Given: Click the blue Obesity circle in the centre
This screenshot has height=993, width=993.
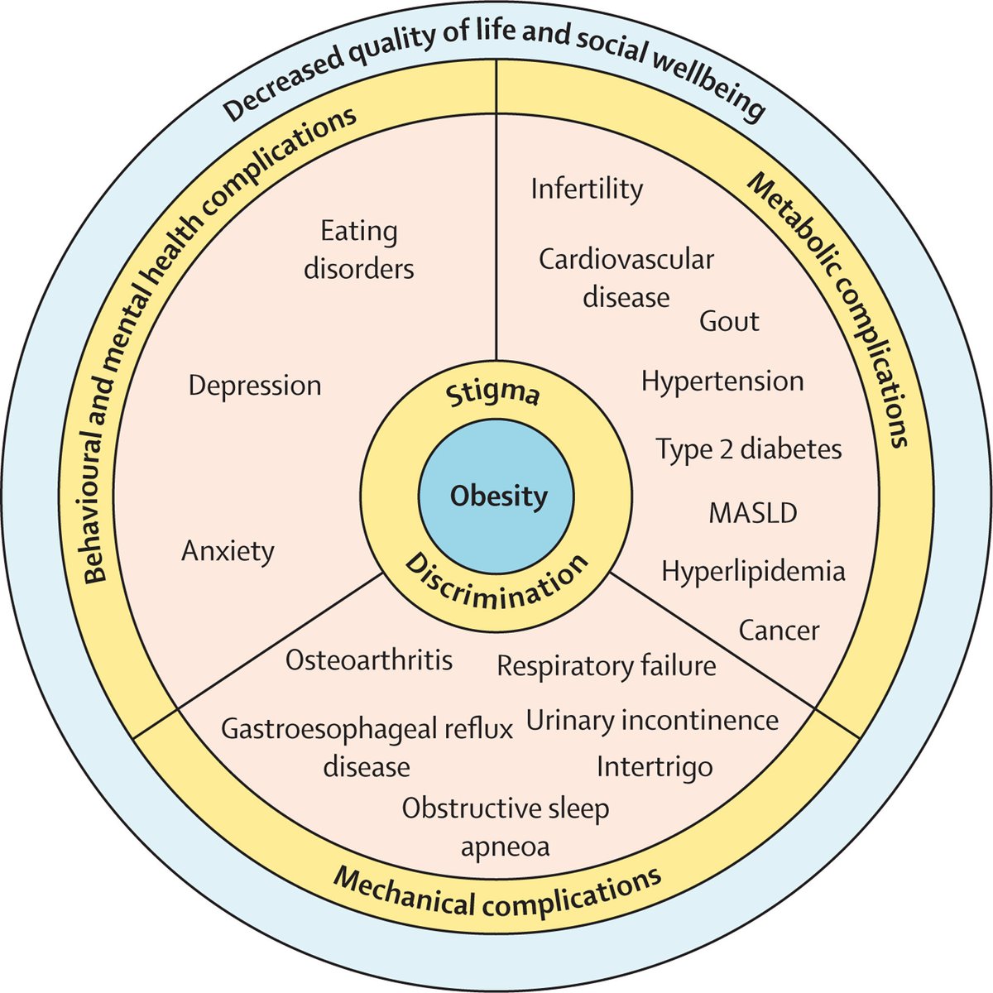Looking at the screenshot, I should pyautogui.click(x=498, y=497).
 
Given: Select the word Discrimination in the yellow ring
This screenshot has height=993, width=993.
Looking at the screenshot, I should pyautogui.click(x=497, y=583).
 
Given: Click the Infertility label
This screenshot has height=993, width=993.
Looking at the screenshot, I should pyautogui.click(x=587, y=189).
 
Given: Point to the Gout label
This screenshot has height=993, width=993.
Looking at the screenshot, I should pyautogui.click(x=729, y=321).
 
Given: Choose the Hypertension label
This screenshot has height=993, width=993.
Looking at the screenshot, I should pyautogui.click(x=722, y=381).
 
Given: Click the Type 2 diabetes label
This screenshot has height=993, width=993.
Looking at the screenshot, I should pyautogui.click(x=749, y=449).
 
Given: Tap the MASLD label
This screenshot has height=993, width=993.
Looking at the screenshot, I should pyautogui.click(x=753, y=513).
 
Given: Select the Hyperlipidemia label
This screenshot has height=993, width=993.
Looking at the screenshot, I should pyautogui.click(x=753, y=571).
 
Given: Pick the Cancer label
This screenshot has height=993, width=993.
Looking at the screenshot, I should pyautogui.click(x=779, y=631).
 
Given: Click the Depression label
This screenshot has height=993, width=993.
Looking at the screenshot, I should pyautogui.click(x=255, y=386).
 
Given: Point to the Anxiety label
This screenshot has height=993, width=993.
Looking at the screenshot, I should pyautogui.click(x=228, y=551).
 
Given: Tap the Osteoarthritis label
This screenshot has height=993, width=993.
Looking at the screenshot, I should pyautogui.click(x=369, y=660).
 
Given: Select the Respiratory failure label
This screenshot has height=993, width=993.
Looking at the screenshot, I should pyautogui.click(x=607, y=665).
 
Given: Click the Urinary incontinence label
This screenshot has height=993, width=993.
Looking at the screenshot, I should pyautogui.click(x=652, y=720).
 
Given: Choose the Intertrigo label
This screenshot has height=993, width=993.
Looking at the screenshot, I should pyautogui.click(x=655, y=766).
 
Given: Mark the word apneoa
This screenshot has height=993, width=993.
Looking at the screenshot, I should pyautogui.click(x=505, y=847).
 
